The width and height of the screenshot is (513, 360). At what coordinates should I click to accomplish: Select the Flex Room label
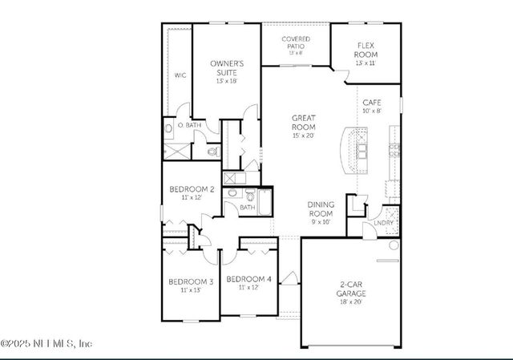click(366, 51)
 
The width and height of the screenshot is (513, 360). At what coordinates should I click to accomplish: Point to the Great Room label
click(303, 122)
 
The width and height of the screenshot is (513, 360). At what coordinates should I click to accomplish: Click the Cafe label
click(371, 103)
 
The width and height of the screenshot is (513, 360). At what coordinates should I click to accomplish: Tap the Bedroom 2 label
click(191, 189)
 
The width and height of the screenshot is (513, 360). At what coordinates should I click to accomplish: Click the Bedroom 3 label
click(190, 281)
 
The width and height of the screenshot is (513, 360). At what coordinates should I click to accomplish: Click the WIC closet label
click(180, 75)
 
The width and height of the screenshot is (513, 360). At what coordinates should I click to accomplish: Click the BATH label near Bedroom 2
click(248, 207)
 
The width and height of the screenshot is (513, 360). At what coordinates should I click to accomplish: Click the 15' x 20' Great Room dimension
click(303, 136)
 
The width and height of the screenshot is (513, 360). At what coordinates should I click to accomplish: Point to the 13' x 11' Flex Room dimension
click(366, 63)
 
